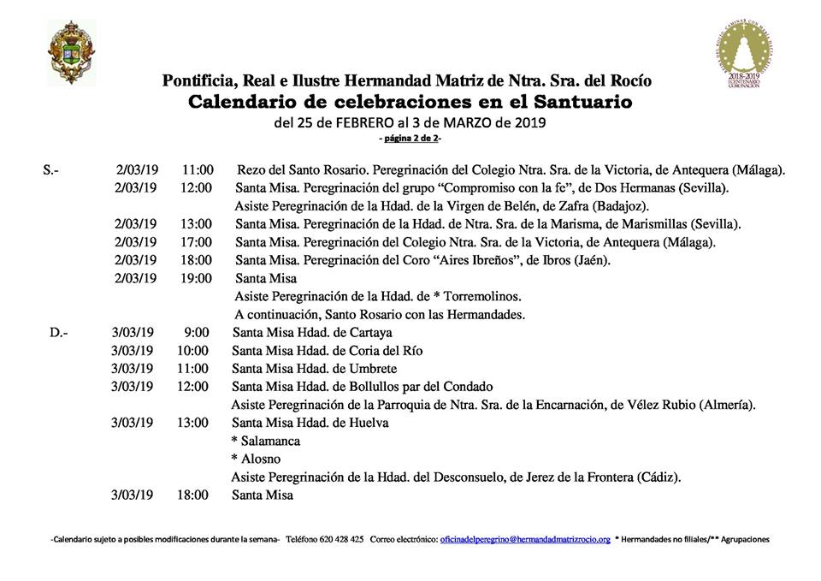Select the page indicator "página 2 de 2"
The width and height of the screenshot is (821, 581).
click(x=410, y=138)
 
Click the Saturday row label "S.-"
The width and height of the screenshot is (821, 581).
click(x=50, y=169)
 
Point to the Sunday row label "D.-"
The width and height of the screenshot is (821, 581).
click(x=59, y=332)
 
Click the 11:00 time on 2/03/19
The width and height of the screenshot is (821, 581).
click(x=198, y=169)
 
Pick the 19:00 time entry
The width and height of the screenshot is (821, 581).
click(x=197, y=278)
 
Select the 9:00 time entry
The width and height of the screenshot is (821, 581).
click(x=196, y=332)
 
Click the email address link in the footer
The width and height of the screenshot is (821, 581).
click(x=525, y=540)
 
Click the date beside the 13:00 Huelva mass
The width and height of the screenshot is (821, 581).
click(x=132, y=422)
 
